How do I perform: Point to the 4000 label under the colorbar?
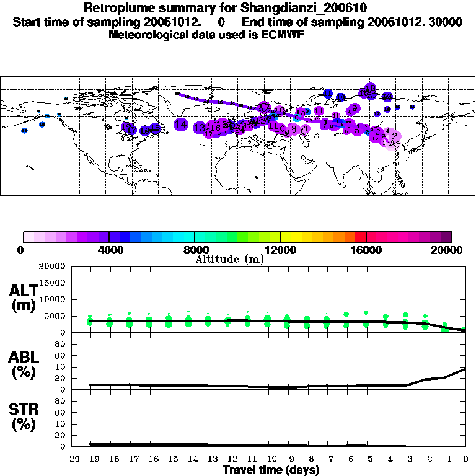pos(108,250)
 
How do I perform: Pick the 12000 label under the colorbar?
pos(281,250)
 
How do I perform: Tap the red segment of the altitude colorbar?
pos(361,237)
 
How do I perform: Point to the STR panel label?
pos(24,417)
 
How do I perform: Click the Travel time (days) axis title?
pos(271,470)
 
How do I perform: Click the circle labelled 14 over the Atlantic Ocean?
pos(180,125)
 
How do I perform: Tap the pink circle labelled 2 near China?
pos(394,136)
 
